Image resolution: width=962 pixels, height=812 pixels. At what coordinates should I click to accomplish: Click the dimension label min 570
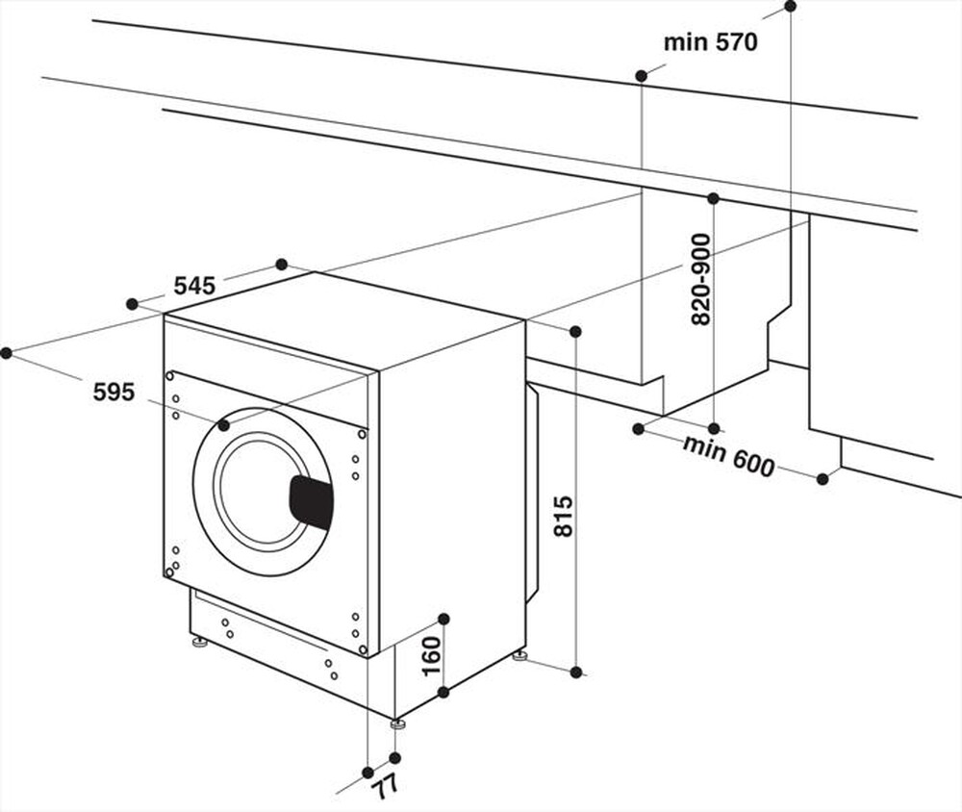711,42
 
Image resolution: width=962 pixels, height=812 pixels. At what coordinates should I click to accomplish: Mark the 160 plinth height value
432,655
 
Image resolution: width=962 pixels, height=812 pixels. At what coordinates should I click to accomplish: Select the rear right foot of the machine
520,656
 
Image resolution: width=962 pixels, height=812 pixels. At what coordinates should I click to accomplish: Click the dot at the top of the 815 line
575,332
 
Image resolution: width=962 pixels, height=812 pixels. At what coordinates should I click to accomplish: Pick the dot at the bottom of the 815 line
575,672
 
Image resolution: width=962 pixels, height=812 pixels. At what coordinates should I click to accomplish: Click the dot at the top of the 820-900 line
713,198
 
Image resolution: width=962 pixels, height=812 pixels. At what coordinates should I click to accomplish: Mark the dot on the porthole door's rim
223,424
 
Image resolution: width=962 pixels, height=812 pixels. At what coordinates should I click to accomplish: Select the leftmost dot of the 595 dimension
7,353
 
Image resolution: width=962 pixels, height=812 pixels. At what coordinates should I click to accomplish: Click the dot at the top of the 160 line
443,618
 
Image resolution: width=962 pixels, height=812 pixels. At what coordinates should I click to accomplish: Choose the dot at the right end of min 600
823,478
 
